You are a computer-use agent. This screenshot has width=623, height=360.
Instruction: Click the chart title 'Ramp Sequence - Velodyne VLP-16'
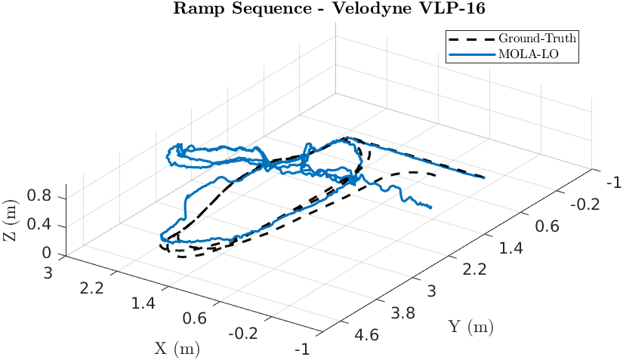311,9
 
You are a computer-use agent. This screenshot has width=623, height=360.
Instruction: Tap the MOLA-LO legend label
528,54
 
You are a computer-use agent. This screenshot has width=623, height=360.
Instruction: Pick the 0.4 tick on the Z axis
39,225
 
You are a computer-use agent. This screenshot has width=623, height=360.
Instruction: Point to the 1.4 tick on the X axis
143,303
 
